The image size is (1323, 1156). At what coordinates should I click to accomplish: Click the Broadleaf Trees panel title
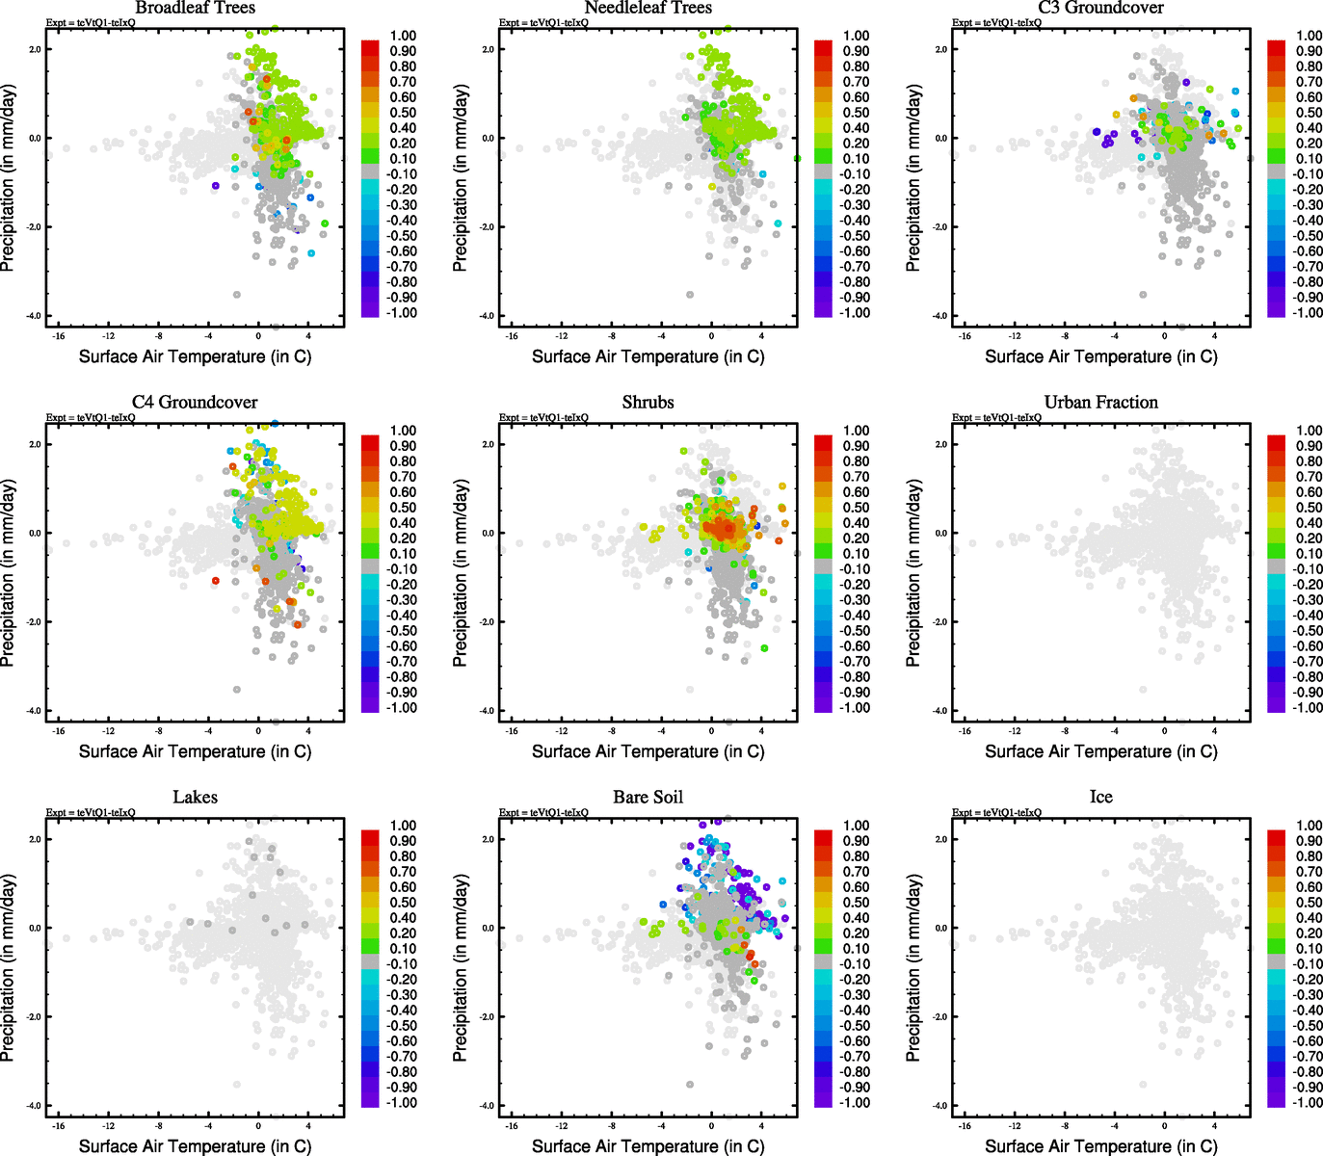[195, 8]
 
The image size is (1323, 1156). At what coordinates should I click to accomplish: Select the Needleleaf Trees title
[648, 8]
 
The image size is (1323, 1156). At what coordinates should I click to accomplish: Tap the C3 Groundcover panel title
[1100, 8]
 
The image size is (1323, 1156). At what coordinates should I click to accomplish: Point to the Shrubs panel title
[648, 403]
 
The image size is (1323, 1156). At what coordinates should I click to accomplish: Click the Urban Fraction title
[1100, 403]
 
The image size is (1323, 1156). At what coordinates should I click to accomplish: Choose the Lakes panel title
[195, 798]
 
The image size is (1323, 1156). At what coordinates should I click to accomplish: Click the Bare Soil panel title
[648, 798]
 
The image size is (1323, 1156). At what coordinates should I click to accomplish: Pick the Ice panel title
[1100, 798]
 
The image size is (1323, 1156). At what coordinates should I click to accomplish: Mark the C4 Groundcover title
[195, 403]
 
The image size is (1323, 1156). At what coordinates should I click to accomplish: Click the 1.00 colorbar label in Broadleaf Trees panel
[404, 36]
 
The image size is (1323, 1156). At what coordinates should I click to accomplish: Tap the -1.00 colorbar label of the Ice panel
[1308, 1103]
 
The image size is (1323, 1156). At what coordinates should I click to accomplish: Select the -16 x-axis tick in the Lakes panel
[58, 1126]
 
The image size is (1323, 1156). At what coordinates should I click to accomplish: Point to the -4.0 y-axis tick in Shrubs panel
[487, 711]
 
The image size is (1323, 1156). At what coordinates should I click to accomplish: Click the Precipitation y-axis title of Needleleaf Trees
[461, 178]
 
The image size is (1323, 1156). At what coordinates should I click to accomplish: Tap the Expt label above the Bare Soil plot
[543, 813]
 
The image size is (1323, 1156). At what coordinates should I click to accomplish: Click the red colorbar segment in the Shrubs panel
[824, 442]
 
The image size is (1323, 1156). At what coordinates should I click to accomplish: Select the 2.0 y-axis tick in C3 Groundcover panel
[939, 49]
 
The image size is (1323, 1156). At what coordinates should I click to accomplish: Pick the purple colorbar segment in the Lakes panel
[370, 1098]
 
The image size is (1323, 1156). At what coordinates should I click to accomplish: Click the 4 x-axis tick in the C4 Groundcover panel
[308, 731]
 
